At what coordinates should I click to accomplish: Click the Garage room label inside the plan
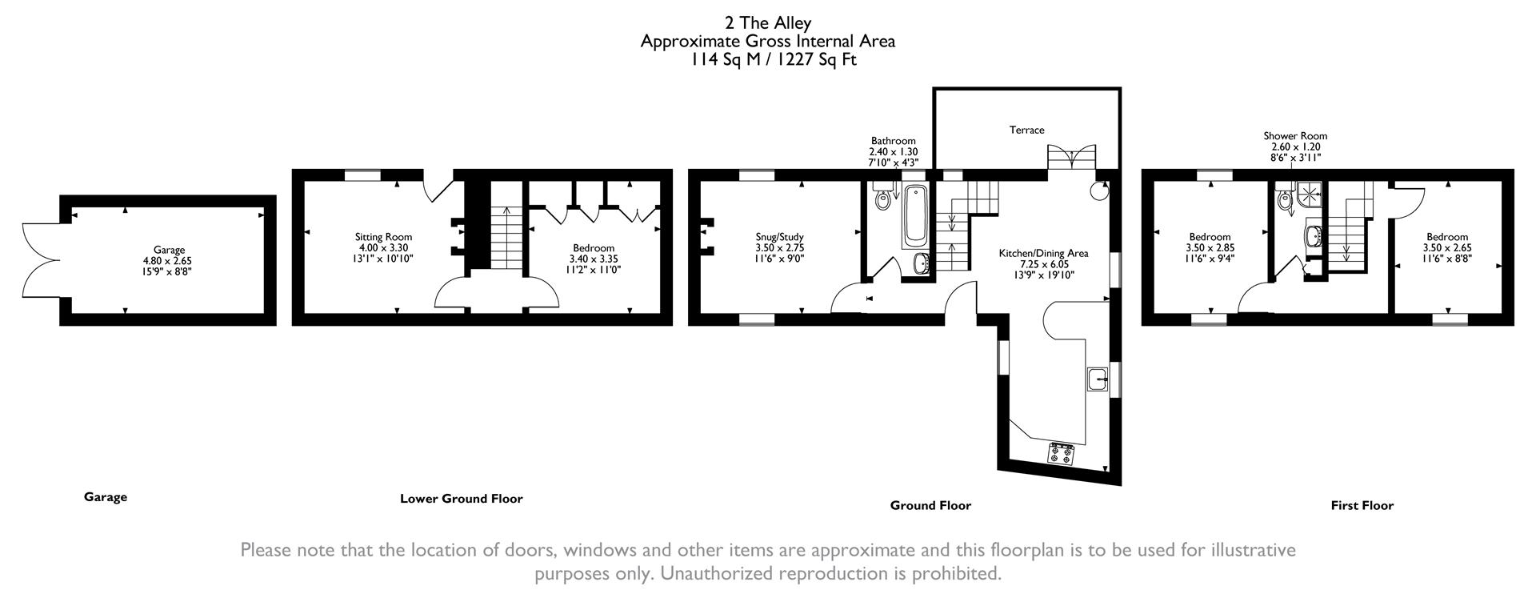pyautogui.click(x=169, y=250)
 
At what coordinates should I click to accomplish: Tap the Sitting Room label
pyautogui.click(x=383, y=237)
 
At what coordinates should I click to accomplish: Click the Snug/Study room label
pyautogui.click(x=779, y=237)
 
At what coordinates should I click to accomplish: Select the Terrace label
pyautogui.click(x=1026, y=130)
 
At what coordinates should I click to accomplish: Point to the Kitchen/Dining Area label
pyautogui.click(x=1043, y=253)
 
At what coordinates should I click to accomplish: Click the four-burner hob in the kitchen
pyautogui.click(x=1062, y=455)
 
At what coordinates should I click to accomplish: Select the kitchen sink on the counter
pyautogui.click(x=1098, y=379)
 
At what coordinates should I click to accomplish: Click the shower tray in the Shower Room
pyautogui.click(x=1310, y=192)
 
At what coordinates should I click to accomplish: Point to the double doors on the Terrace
pyautogui.click(x=1071, y=157)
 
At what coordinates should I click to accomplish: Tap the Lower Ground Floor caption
pyautogui.click(x=461, y=499)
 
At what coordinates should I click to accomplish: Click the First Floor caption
pyautogui.click(x=1362, y=505)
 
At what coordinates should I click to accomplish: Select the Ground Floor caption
pyautogui.click(x=930, y=505)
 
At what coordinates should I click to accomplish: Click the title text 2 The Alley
pyautogui.click(x=767, y=22)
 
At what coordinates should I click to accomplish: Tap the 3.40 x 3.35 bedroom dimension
pyautogui.click(x=593, y=259)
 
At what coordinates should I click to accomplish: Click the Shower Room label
pyautogui.click(x=1295, y=136)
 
